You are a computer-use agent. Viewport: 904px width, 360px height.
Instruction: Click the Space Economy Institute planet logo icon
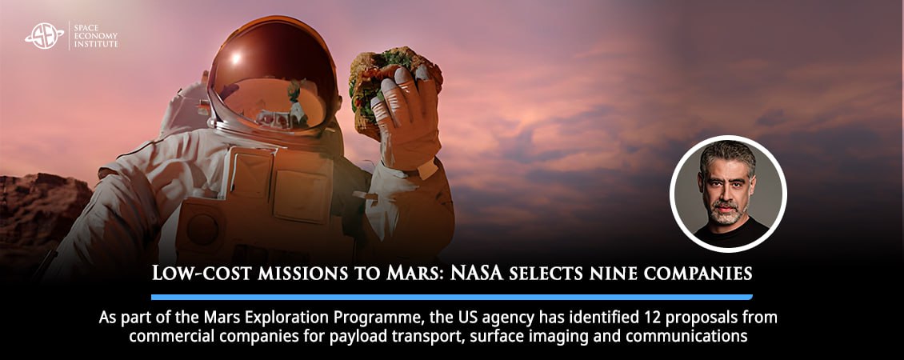pyautogui.click(x=44, y=35)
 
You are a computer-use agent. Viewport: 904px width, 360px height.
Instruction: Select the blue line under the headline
pyautogui.click(x=451, y=297)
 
